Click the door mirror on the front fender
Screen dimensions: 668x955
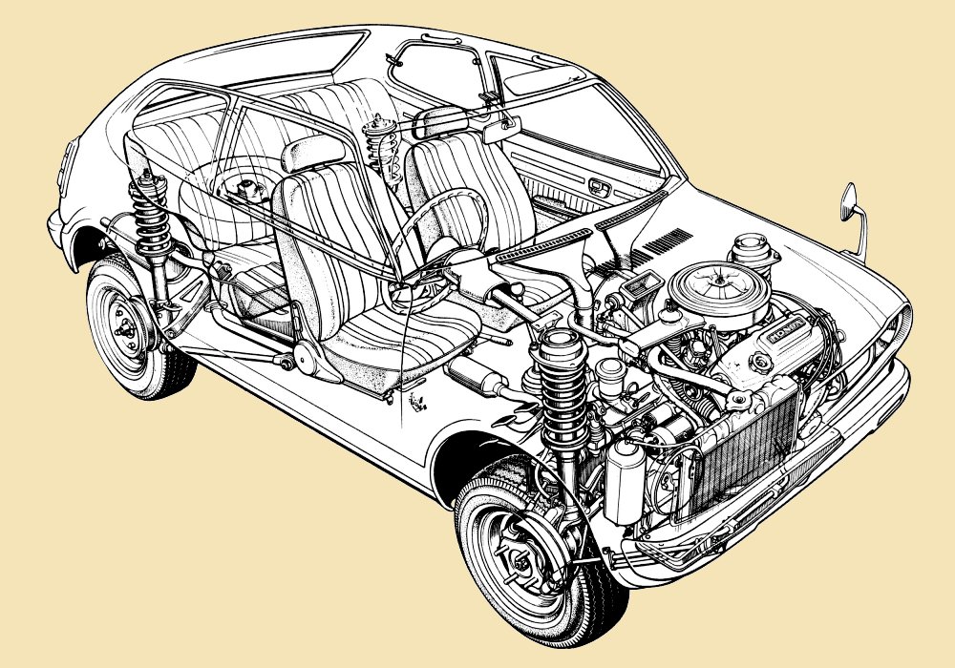[x=848, y=202]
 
